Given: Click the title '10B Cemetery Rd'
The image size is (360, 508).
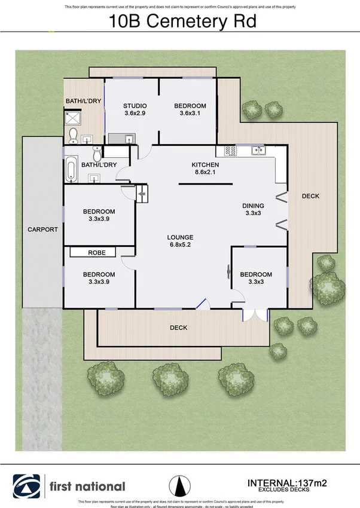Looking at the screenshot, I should [x=182, y=22].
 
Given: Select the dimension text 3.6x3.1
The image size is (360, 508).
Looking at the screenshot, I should [x=190, y=113].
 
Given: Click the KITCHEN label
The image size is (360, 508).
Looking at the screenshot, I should [x=205, y=165].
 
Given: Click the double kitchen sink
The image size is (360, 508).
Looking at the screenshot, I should [x=257, y=150].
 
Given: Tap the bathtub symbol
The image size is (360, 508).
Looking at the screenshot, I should [x=71, y=169].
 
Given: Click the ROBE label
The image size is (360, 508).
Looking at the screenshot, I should [x=97, y=253].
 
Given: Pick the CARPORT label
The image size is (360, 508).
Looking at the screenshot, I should [x=42, y=229].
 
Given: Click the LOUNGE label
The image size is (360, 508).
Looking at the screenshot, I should [x=180, y=237].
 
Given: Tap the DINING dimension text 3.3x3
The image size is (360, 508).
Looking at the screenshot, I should [x=254, y=212].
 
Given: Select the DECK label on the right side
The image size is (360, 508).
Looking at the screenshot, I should [x=310, y=196].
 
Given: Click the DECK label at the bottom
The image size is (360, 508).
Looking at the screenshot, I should [x=178, y=328].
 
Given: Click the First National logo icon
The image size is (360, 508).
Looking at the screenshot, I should [x=28, y=486].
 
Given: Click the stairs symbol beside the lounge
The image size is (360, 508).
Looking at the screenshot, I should [x=142, y=194].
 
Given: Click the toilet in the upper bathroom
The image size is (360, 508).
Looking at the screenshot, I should [x=73, y=136].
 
